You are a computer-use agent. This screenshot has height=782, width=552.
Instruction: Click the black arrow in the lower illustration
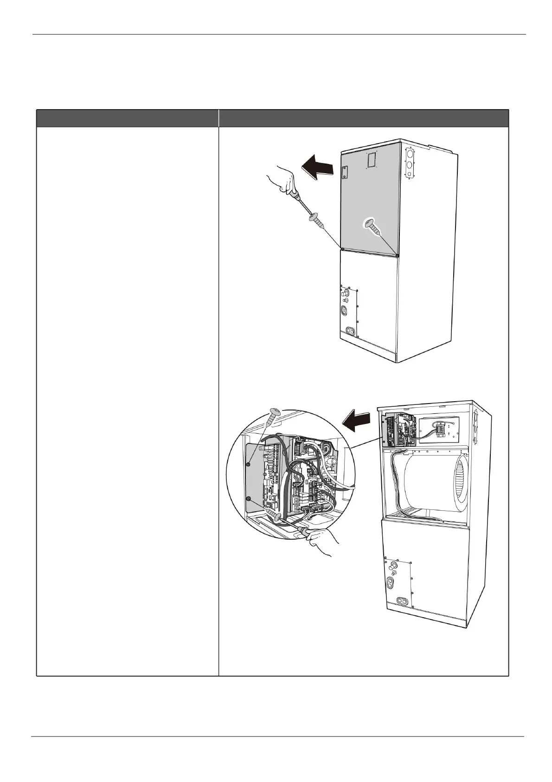point(357,420)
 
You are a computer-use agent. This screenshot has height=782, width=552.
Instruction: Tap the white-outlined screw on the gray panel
point(371,226)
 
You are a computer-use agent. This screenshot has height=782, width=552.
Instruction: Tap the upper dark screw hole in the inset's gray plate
point(249,463)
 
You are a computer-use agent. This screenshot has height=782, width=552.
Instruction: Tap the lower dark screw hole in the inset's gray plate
point(249,499)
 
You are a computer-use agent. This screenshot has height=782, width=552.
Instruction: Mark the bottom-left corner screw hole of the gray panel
point(341,249)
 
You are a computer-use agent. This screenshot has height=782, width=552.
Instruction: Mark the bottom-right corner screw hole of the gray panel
point(398,254)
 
